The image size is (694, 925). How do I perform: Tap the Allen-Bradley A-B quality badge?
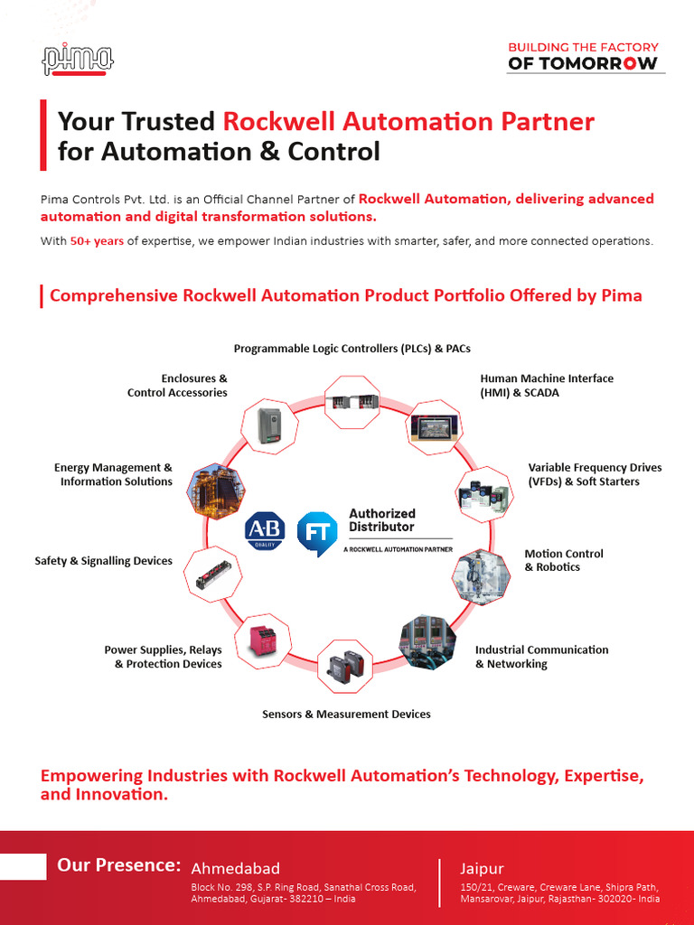pyautogui.click(x=265, y=530)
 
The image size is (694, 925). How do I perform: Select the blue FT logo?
pyautogui.click(x=317, y=533)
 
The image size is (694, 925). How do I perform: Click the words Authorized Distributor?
pyautogui.click(x=382, y=519)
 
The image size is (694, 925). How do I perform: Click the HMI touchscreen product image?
pyautogui.click(x=436, y=427)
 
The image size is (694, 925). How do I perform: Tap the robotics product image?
pyautogui.click(x=480, y=576)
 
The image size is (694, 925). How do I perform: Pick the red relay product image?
pyautogui.click(x=262, y=641)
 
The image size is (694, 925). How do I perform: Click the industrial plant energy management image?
pyautogui.click(x=214, y=491)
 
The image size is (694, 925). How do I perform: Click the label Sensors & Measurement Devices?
pyautogui.click(x=346, y=715)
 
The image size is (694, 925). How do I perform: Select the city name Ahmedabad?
pyautogui.click(x=236, y=868)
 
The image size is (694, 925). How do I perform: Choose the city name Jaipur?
pyautogui.click(x=482, y=869)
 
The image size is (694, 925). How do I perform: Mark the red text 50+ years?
pyautogui.click(x=97, y=241)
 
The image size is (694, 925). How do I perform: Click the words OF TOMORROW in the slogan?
pyautogui.click(x=583, y=64)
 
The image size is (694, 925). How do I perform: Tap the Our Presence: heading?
pyautogui.click(x=118, y=865)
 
